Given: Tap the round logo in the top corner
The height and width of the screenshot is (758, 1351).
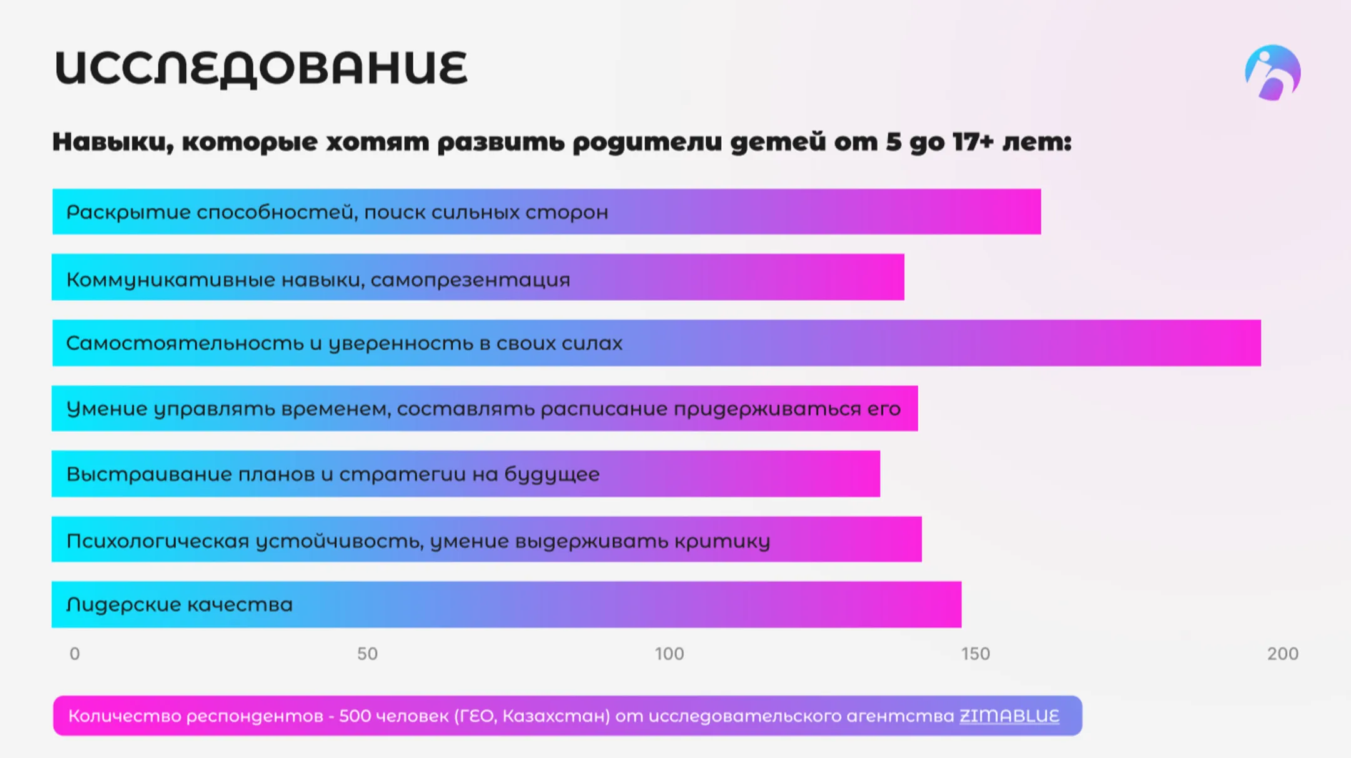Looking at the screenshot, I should coord(1272,73).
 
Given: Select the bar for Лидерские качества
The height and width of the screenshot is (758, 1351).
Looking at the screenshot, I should coord(505,605).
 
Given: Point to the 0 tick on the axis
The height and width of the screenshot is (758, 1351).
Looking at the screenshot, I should coord(74,654).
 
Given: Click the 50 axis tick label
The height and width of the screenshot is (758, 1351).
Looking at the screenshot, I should coord(367,654).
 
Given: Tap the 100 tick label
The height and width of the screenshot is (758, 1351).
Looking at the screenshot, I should coord(669,654).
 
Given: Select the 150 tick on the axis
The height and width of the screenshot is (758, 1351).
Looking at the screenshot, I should coord(975,654).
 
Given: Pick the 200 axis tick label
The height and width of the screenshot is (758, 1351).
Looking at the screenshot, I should coord(1282,654).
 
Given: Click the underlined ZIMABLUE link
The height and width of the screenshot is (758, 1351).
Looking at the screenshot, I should coord(1009,716).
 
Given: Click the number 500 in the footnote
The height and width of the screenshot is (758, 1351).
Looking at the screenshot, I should coord(355,716).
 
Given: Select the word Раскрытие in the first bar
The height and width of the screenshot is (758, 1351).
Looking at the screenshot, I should coord(128,213).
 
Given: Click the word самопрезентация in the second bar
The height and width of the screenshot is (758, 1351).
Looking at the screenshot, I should coord(470,280).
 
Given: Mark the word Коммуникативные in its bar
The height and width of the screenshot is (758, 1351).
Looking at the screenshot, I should coord(170,280).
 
